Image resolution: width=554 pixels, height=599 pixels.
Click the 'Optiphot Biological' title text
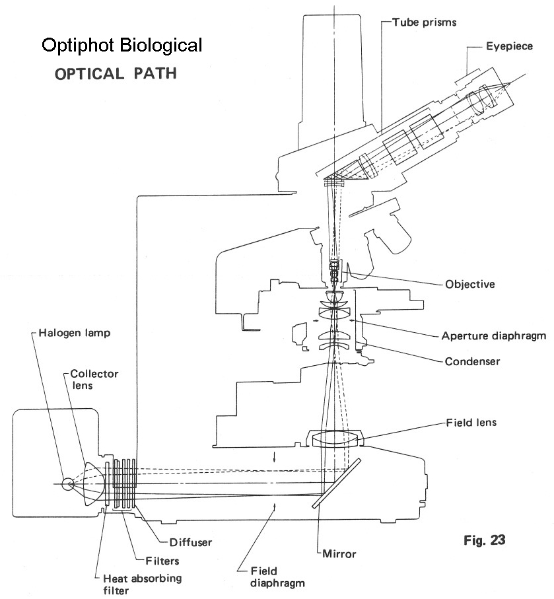(121, 45)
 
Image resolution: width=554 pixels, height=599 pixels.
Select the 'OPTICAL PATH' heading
(116, 73)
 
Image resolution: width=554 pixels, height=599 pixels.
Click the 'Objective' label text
(470, 285)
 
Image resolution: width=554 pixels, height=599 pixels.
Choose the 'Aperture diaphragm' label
(494, 335)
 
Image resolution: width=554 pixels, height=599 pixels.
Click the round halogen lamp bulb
(67, 484)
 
